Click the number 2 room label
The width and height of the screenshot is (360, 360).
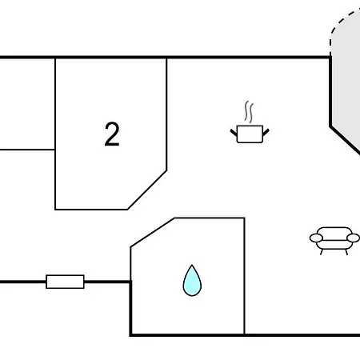112,134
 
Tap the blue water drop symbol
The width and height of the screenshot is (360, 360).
192,281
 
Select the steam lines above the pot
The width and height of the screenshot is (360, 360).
249,112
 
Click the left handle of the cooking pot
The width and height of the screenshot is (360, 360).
234,132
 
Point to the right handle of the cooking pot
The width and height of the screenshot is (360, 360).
266,132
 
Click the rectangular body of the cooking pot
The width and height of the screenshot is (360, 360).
250,134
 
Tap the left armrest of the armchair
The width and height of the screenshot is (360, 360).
316,238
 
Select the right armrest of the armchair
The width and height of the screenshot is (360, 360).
353,238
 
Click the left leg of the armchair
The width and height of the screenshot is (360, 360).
322,252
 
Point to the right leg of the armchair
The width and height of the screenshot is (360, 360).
346,252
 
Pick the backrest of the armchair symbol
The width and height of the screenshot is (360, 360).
334,231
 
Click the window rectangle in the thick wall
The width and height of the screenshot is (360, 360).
65,282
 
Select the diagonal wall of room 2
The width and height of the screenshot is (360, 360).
147,190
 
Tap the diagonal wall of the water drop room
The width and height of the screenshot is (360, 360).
153,233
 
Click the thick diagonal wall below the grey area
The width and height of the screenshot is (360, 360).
345,140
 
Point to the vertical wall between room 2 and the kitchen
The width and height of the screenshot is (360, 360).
166,114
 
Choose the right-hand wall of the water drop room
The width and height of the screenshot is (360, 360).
244,276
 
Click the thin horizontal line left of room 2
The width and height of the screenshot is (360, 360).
27,150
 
